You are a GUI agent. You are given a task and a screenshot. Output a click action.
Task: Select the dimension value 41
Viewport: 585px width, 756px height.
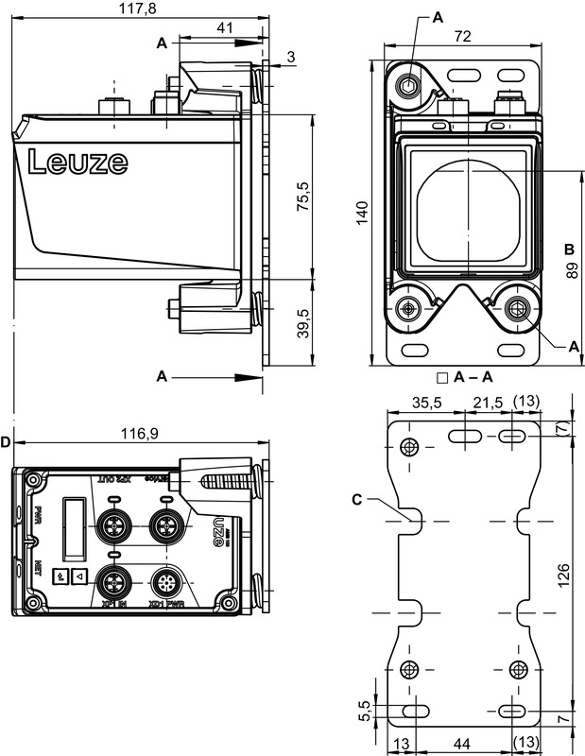pyautogui.click(x=225, y=28)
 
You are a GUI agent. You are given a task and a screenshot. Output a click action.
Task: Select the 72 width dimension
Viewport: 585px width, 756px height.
pyautogui.click(x=463, y=36)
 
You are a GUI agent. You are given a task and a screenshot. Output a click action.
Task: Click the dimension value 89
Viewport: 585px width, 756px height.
pyautogui.click(x=570, y=270)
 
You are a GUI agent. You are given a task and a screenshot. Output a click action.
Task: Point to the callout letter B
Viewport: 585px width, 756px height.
pyautogui.click(x=569, y=249)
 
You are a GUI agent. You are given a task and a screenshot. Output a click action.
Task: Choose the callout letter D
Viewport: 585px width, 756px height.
pyautogui.click(x=6, y=442)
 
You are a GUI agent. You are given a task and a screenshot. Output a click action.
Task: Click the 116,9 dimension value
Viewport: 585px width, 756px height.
pyautogui.click(x=139, y=434)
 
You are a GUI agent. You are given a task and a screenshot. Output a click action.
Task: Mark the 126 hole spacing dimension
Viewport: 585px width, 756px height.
pyautogui.click(x=563, y=573)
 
